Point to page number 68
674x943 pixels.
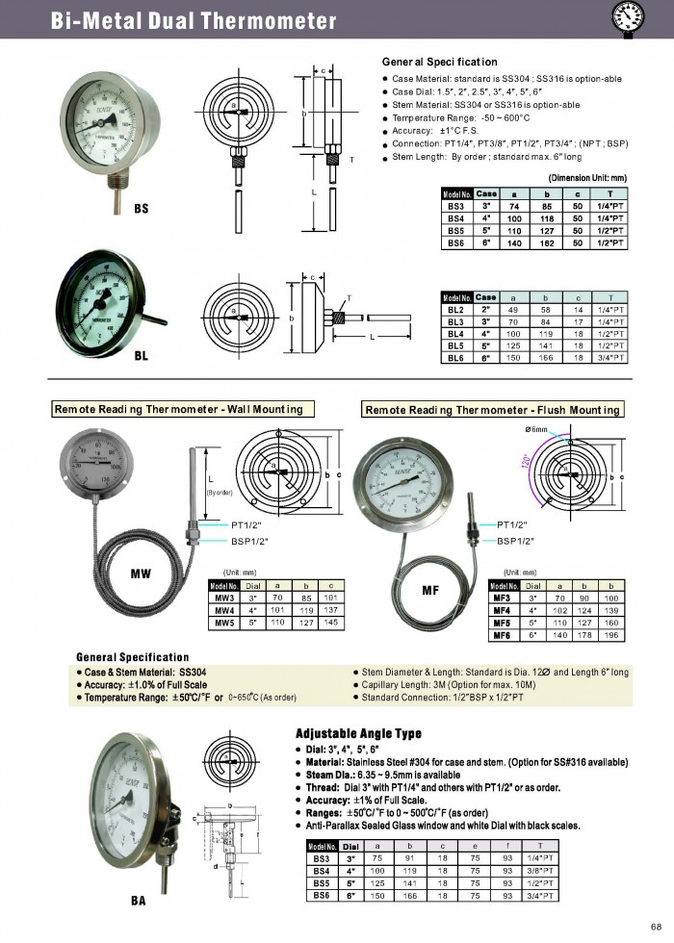point(656,927)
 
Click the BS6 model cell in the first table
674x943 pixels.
point(455,244)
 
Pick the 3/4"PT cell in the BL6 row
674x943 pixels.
point(609,358)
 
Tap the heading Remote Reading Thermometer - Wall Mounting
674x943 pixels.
point(180,409)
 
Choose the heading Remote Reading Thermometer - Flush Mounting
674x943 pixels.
point(492,410)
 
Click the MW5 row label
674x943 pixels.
point(224,622)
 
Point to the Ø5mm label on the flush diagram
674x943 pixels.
point(535,429)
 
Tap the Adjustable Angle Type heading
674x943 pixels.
point(358,732)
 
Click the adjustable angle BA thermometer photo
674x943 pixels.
point(135,808)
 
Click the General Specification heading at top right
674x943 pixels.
point(439,62)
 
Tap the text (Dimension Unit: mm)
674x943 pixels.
point(587,178)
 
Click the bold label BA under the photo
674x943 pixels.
point(139,901)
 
